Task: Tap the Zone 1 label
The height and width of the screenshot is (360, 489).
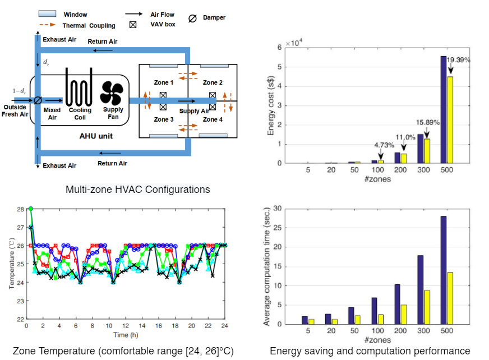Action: [164, 82]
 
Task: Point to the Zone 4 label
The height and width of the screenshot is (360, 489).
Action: [213, 119]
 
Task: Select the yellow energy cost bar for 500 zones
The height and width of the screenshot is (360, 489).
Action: [450, 119]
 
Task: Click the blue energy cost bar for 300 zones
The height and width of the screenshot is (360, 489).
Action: [421, 149]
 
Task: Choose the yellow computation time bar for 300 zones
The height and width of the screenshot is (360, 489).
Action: [427, 307]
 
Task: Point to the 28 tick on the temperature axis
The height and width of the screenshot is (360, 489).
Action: [20, 209]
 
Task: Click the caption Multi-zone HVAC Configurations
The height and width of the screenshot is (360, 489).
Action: [138, 190]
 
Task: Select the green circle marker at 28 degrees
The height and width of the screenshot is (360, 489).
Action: [31, 209]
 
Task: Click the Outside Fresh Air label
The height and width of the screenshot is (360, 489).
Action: [15, 111]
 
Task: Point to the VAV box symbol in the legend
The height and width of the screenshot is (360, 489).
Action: [133, 25]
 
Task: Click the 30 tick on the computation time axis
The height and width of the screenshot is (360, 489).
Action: [275, 209]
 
